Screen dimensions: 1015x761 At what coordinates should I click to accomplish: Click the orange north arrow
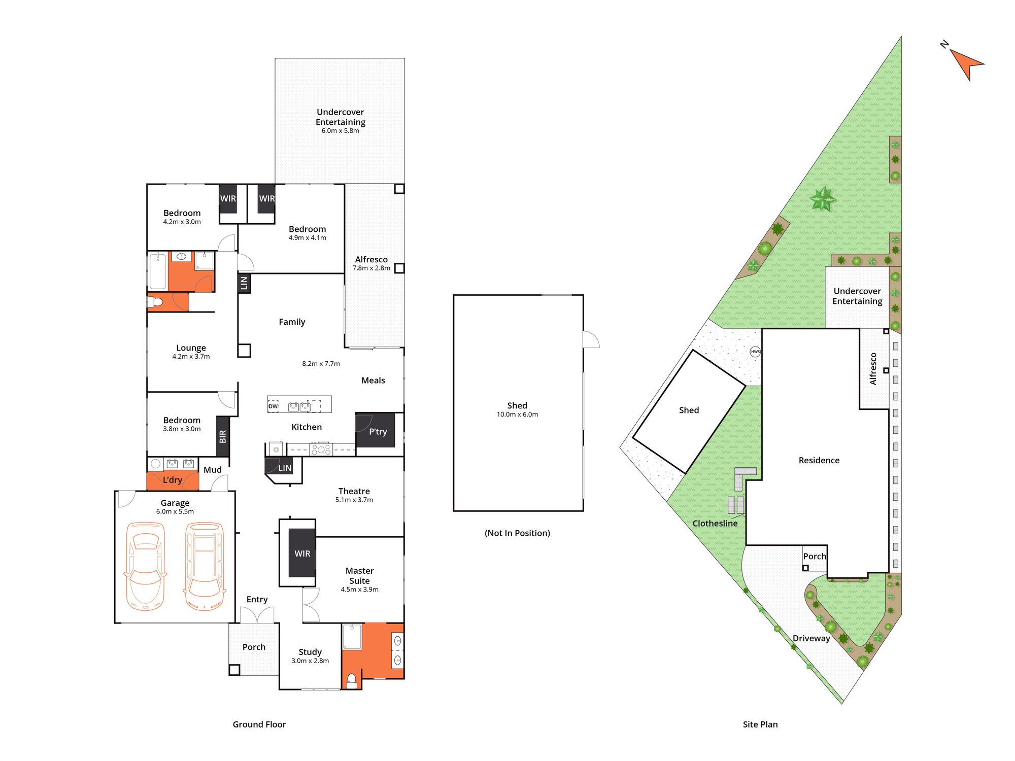[x=966, y=64]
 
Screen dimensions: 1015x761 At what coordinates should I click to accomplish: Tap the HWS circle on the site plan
[x=755, y=352]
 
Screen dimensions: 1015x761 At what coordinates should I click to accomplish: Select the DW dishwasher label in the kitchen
[x=273, y=406]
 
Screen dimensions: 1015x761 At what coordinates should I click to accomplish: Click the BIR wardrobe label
[x=222, y=436]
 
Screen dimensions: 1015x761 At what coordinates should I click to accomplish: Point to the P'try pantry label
[x=378, y=432]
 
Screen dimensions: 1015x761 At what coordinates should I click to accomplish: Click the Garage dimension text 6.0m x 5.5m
[x=175, y=511]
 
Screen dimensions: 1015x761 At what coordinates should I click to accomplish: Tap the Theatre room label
[x=354, y=491]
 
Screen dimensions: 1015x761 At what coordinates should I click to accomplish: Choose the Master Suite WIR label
[x=302, y=554]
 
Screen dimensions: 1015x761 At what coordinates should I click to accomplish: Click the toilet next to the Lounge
[x=155, y=302]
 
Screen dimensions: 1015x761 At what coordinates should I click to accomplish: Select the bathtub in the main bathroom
[x=158, y=272]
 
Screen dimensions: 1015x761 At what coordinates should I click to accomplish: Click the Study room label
[x=310, y=652]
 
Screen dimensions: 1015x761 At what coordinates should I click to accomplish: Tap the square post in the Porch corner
[x=234, y=670]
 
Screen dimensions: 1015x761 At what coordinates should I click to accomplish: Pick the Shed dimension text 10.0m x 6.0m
[x=517, y=414]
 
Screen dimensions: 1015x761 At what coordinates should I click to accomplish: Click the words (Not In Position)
[x=517, y=533]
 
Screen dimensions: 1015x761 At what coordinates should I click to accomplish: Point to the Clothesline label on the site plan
[x=715, y=523]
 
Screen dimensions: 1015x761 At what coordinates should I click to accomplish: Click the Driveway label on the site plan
[x=811, y=638]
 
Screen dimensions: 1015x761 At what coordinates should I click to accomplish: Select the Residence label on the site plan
[x=819, y=460]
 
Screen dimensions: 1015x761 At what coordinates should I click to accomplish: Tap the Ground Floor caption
[x=259, y=724]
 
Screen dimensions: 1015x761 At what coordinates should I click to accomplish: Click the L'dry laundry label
[x=173, y=480]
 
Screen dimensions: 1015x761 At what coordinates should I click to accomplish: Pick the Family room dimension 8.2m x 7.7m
[x=321, y=364]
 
